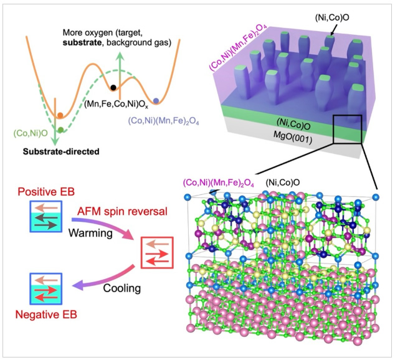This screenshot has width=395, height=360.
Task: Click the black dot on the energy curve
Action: pos(113,87)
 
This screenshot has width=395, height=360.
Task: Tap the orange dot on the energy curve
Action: pos(60,116)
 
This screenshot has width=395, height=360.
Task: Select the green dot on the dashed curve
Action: pos(61,129)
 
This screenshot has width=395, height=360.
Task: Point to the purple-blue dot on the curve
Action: pos(156,100)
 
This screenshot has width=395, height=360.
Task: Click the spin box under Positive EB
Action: pos(45,214)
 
